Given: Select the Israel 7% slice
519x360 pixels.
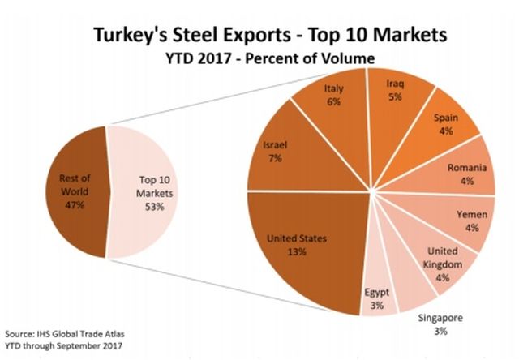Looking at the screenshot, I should click(280, 154).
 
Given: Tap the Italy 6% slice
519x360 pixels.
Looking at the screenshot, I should click(332, 101).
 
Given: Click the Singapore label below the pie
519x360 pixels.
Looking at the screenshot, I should click(441, 318).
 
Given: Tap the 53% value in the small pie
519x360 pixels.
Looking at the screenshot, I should click(154, 207).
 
